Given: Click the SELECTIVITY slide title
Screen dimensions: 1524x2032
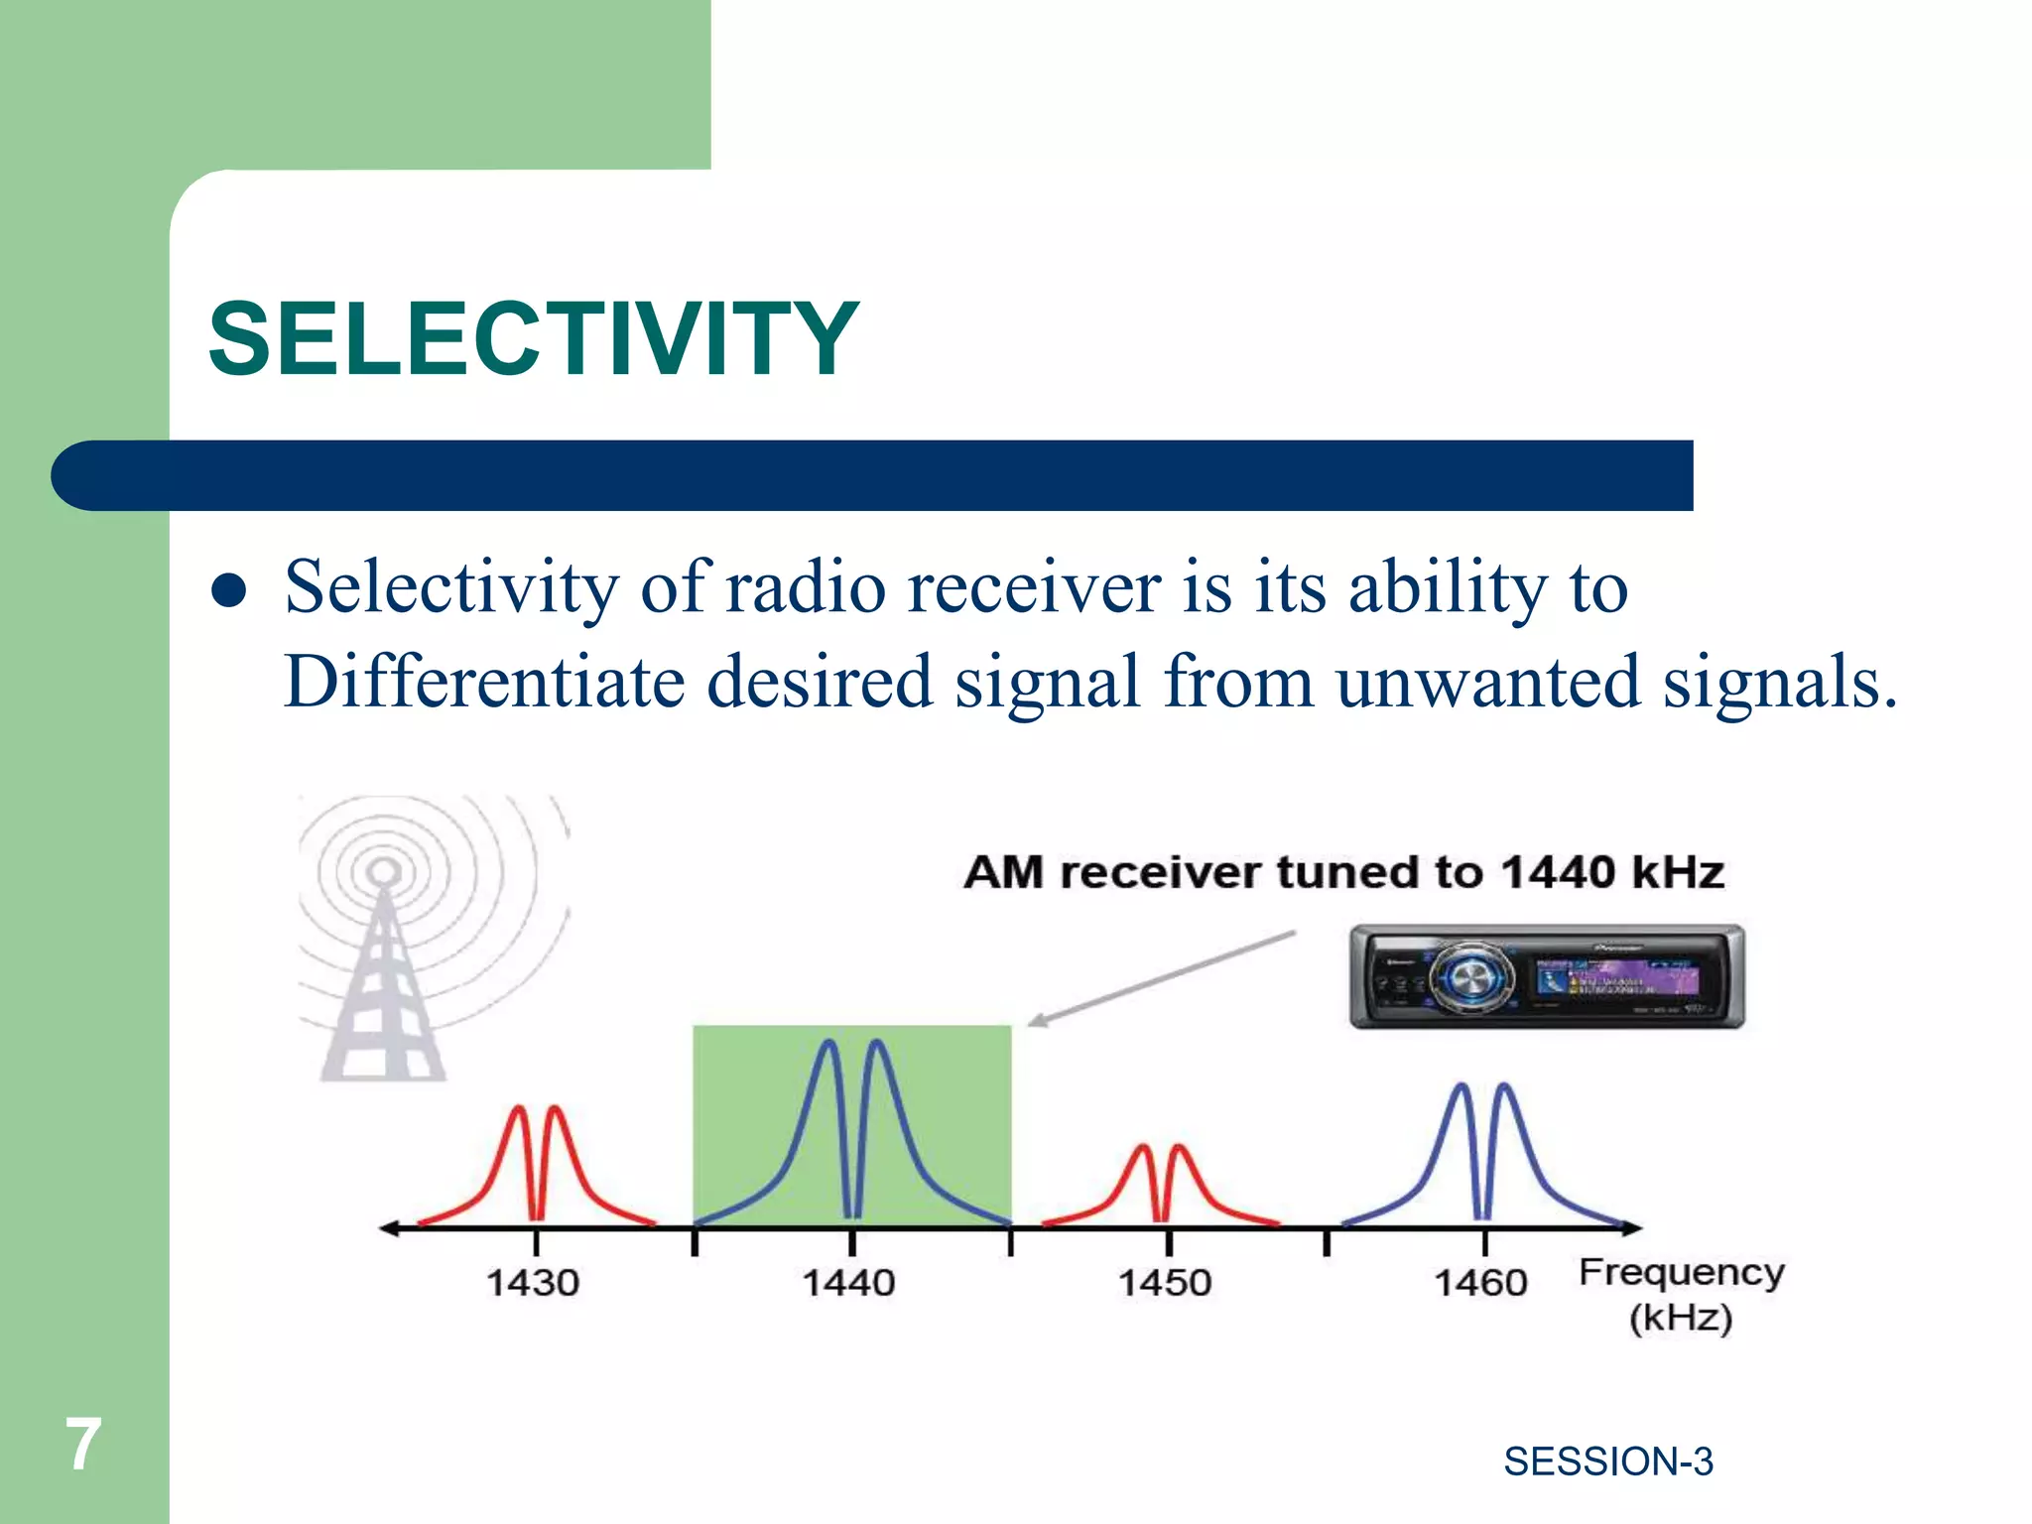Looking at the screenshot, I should (x=533, y=339).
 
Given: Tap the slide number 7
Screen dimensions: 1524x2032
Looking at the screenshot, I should (x=83, y=1445).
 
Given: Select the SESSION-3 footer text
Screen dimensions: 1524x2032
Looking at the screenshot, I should (x=1607, y=1461).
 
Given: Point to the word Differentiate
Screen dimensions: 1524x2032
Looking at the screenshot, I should (x=484, y=682).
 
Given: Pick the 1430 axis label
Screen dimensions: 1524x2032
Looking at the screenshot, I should (x=533, y=1283).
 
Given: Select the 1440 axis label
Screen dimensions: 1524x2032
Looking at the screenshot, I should (x=848, y=1283).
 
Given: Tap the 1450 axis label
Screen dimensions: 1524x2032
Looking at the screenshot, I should (x=1165, y=1283).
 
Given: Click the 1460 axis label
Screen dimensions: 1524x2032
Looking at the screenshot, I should (x=1480, y=1283).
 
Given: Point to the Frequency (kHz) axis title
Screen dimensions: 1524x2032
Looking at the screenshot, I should (x=1681, y=1295).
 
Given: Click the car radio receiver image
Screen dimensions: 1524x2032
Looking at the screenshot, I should (x=1547, y=977).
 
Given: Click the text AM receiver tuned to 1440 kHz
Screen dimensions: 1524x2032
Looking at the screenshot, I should (x=1343, y=873).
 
